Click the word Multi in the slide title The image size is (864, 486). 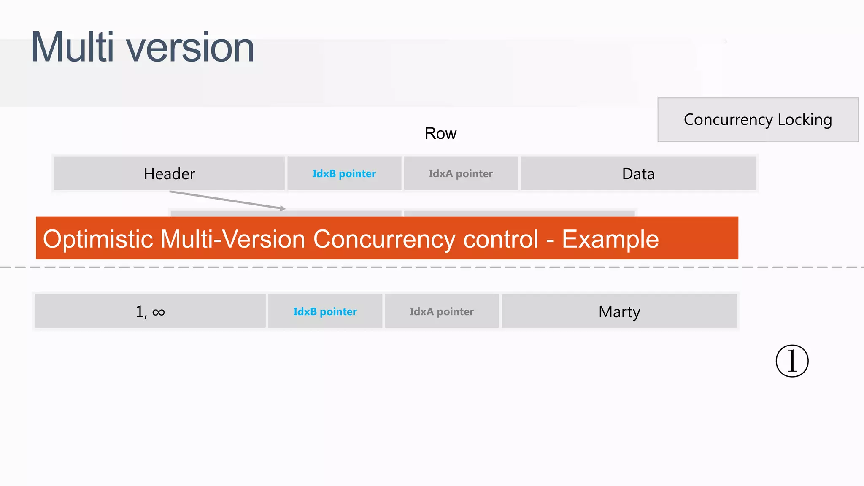click(x=72, y=47)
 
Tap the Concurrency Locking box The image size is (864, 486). click(x=758, y=120)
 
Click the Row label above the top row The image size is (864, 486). click(x=440, y=134)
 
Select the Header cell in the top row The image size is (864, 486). click(x=169, y=174)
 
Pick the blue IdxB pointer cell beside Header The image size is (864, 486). click(x=344, y=174)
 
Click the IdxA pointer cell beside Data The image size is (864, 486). click(x=461, y=174)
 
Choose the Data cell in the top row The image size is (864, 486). click(x=638, y=174)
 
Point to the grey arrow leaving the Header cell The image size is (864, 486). click(x=228, y=200)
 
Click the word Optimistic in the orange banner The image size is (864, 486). click(x=98, y=239)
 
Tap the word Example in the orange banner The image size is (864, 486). click(x=610, y=239)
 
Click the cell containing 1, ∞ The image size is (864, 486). click(x=150, y=312)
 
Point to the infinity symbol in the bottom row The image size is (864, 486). click(x=159, y=312)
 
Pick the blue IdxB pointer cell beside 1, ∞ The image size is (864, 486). click(x=325, y=312)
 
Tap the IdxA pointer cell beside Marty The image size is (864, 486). click(x=442, y=312)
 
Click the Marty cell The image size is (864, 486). click(x=619, y=312)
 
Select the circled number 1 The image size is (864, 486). click(x=792, y=361)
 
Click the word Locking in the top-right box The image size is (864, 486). click(x=805, y=120)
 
